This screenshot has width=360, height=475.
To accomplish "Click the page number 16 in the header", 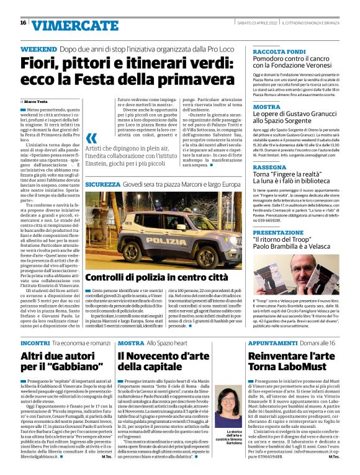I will [23, 23].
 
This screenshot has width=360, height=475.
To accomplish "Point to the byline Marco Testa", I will [36, 101].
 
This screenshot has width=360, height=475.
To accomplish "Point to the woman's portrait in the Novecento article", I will [228, 406].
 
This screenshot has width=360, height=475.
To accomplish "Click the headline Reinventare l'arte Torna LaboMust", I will [292, 362].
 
